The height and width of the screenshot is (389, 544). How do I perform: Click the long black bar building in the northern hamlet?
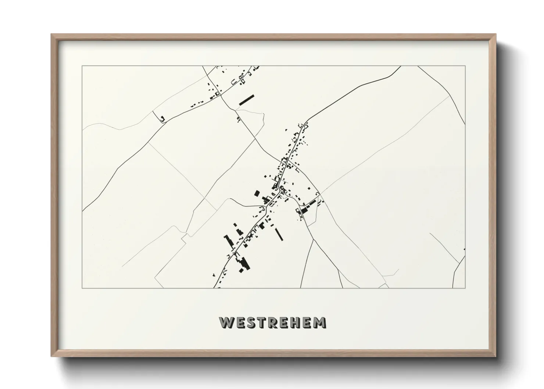pos(247,100)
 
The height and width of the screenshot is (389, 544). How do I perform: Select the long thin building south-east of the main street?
pos(279,234)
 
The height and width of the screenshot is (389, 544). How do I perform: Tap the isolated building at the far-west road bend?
pos(162,118)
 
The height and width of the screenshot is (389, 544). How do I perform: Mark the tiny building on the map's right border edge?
pos(464,249)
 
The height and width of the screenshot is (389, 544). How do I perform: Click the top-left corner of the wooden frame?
pos(51,34)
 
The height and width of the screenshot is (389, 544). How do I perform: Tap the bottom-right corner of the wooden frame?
pos(495,356)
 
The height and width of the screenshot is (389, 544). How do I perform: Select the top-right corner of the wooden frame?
pos(495,34)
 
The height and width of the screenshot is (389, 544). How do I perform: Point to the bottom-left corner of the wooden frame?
pos(51,356)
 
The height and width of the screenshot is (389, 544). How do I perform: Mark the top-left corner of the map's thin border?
pos(82,66)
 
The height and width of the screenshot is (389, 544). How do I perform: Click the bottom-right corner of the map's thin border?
pos(465,288)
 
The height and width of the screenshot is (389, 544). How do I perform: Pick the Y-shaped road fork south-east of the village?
pos(314,239)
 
